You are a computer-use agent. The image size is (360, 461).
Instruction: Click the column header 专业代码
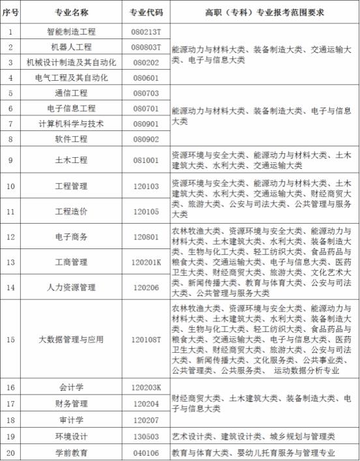point(146,12)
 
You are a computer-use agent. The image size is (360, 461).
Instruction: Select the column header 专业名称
point(71,12)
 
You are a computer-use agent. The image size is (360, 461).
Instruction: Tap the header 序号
point(10,12)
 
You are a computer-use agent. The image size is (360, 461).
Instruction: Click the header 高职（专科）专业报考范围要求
point(265,12)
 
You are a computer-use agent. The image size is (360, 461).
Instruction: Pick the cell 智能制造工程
point(71,31)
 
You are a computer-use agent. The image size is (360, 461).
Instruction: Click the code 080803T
point(146,47)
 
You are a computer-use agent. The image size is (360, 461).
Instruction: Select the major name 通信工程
point(71,93)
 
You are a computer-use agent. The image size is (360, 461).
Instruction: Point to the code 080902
point(146,139)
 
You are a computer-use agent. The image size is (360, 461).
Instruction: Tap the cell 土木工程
point(71,160)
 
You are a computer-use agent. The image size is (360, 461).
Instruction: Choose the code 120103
point(146,186)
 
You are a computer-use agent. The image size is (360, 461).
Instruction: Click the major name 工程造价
point(71,211)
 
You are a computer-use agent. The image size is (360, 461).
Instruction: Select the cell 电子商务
point(71,237)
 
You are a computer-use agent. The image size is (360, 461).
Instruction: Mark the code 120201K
point(146,262)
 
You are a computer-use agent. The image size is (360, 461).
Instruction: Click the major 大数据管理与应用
point(71,340)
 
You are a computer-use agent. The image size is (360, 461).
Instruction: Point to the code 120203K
point(146,387)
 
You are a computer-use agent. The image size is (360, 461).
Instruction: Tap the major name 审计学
point(71,419)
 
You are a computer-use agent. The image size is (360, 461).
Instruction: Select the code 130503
point(146,436)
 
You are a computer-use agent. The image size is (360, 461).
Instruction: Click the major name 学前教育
point(71,452)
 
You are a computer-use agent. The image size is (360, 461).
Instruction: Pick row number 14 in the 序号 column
point(10,287)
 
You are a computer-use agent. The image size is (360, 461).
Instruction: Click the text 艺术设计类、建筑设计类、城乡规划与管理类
point(253,436)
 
